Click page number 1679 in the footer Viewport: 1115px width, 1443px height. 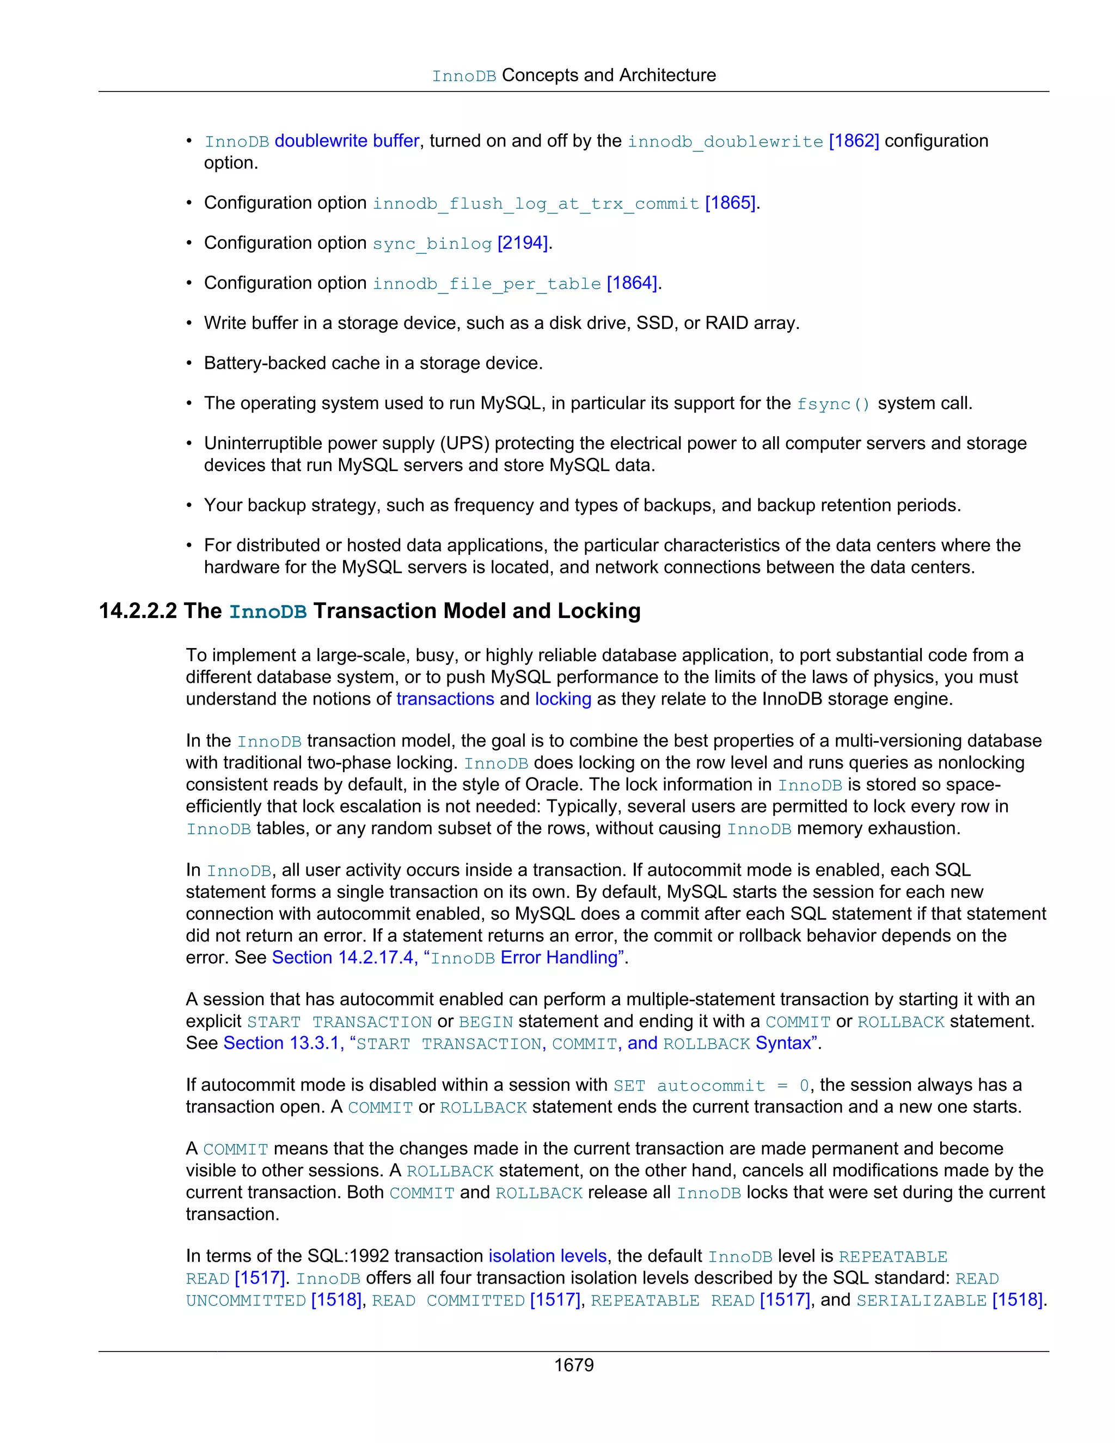pyautogui.click(x=573, y=1365)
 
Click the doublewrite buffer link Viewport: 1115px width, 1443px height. pyautogui.click(x=347, y=140)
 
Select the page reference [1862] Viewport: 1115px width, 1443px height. pyautogui.click(x=854, y=140)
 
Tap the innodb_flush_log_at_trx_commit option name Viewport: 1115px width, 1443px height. pyautogui.click(x=536, y=204)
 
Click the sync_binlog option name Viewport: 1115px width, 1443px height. pyautogui.click(x=432, y=244)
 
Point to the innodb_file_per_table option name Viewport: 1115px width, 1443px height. pyautogui.click(x=487, y=284)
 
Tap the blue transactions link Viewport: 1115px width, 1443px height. pyautogui.click(x=445, y=699)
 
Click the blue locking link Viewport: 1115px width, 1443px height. pyautogui.click(x=563, y=699)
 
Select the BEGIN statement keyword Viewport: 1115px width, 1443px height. pyautogui.click(x=486, y=1022)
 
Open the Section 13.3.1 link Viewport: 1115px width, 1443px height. pyautogui.click(x=281, y=1043)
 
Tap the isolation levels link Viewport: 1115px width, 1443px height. pyautogui.click(x=547, y=1256)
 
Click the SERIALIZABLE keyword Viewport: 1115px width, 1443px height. pyautogui.click(x=921, y=1300)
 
